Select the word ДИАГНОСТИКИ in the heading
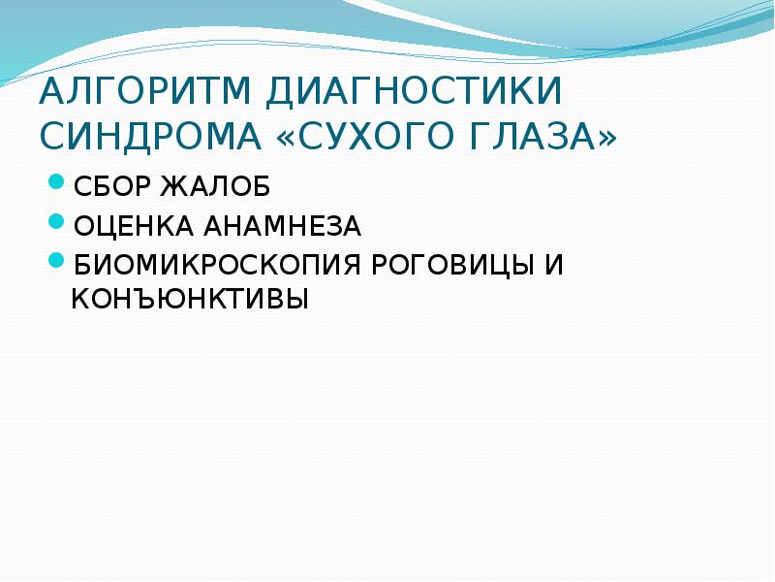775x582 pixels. pos(412,93)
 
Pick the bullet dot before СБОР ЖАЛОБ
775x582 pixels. pos(57,181)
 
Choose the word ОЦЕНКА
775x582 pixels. pos(133,226)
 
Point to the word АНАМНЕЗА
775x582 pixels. pos(284,226)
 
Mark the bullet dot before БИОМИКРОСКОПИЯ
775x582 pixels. pos(57,262)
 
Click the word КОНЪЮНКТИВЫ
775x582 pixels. pos(190,299)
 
